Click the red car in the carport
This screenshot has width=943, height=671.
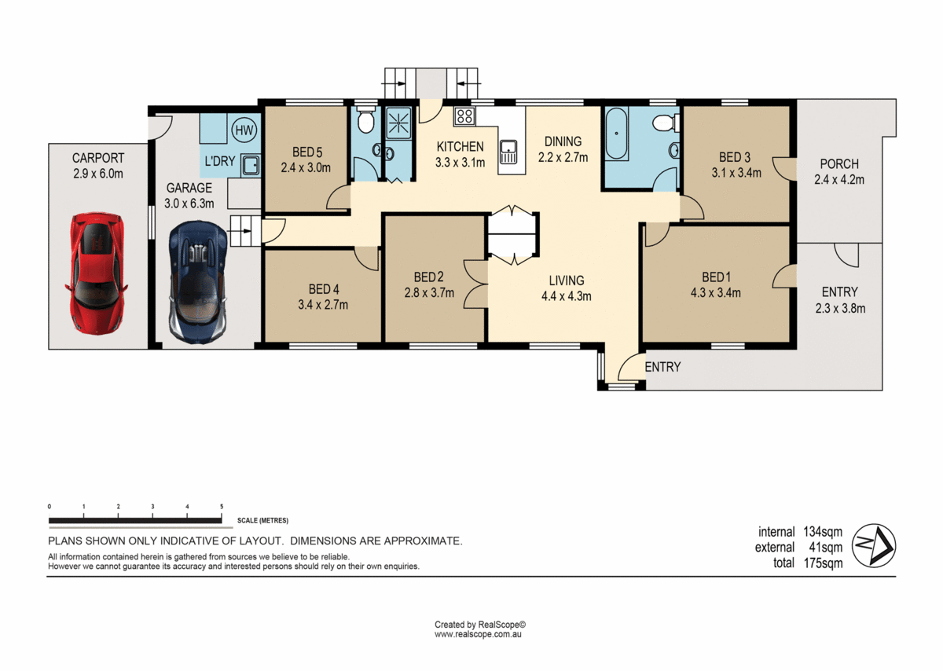pyautogui.click(x=97, y=273)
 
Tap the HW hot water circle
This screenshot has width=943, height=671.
pyautogui.click(x=244, y=130)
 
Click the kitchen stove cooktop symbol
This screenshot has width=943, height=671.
pyautogui.click(x=464, y=117)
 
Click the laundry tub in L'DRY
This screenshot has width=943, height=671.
pyautogui.click(x=251, y=165)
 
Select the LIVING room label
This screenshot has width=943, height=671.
pyautogui.click(x=566, y=280)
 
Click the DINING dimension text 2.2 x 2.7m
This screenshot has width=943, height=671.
pyautogui.click(x=563, y=157)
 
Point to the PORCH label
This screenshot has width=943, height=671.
pyautogui.click(x=838, y=164)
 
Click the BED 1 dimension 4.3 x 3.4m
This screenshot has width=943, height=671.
pyautogui.click(x=716, y=293)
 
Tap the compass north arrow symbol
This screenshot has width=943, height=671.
pyautogui.click(x=875, y=544)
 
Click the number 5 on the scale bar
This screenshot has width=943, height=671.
pyautogui.click(x=222, y=507)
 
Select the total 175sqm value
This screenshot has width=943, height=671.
pyautogui.click(x=823, y=563)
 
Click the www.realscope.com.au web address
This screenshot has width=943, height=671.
pyautogui.click(x=479, y=633)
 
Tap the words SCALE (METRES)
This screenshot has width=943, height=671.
pyautogui.click(x=262, y=520)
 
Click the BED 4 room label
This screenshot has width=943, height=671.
pyautogui.click(x=324, y=288)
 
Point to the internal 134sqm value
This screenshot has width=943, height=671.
pyautogui.click(x=823, y=532)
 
